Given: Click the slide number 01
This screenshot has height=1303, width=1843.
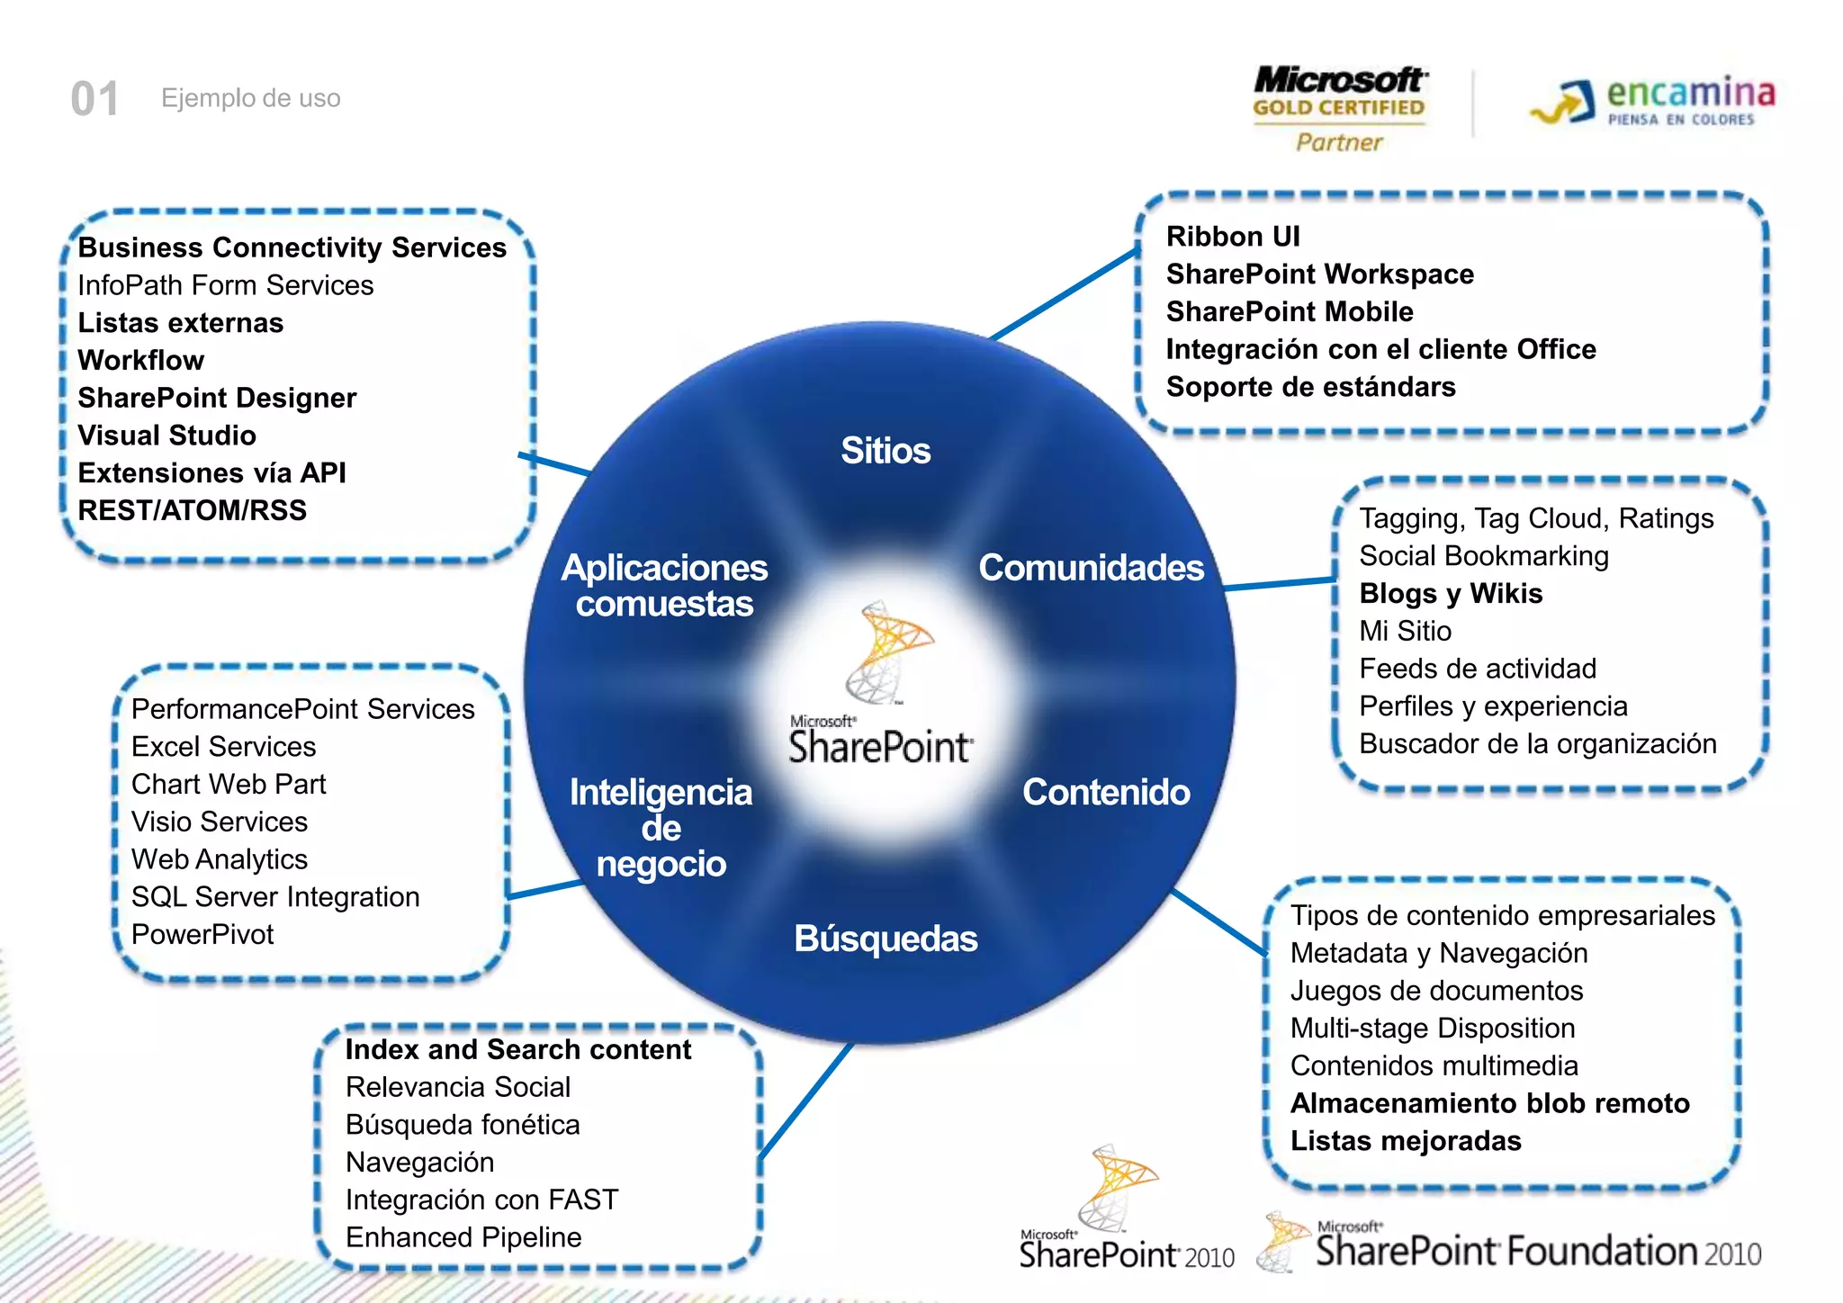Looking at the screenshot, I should pyautogui.click(x=94, y=98).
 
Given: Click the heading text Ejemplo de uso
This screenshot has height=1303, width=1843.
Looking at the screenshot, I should pyautogui.click(x=250, y=98).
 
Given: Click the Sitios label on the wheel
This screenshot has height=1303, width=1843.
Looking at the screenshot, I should pyautogui.click(x=886, y=451).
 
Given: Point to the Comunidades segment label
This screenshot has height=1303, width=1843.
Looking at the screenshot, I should pyautogui.click(x=1091, y=568).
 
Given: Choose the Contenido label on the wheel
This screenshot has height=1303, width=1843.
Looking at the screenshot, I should pyautogui.click(x=1106, y=792).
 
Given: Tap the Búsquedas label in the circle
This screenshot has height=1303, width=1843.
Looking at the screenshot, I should pyautogui.click(x=886, y=939).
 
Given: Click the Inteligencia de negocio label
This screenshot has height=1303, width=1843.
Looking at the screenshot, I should pyautogui.click(x=661, y=827).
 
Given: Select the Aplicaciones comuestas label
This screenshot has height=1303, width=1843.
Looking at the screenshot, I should pyautogui.click(x=664, y=585).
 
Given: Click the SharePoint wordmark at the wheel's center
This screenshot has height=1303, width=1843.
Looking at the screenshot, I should pyautogui.click(x=880, y=745).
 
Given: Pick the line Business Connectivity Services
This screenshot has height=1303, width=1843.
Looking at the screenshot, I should pyautogui.click(x=292, y=247).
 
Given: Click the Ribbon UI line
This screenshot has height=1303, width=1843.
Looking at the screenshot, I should pyautogui.click(x=1233, y=237).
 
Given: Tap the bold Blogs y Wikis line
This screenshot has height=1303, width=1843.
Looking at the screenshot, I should pyautogui.click(x=1451, y=594).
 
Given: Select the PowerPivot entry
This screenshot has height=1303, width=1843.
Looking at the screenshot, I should pyautogui.click(x=202, y=934).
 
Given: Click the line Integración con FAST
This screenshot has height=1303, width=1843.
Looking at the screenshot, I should pyautogui.click(x=481, y=1200).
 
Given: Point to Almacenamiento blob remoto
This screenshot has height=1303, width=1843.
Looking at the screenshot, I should pyautogui.click(x=1489, y=1103).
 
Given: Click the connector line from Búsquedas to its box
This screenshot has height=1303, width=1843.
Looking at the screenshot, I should pyautogui.click(x=805, y=1101).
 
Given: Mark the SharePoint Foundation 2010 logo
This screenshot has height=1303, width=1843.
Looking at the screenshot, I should pyautogui.click(x=1512, y=1246).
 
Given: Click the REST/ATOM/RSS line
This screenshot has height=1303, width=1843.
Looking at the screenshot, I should pyautogui.click(x=193, y=510).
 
